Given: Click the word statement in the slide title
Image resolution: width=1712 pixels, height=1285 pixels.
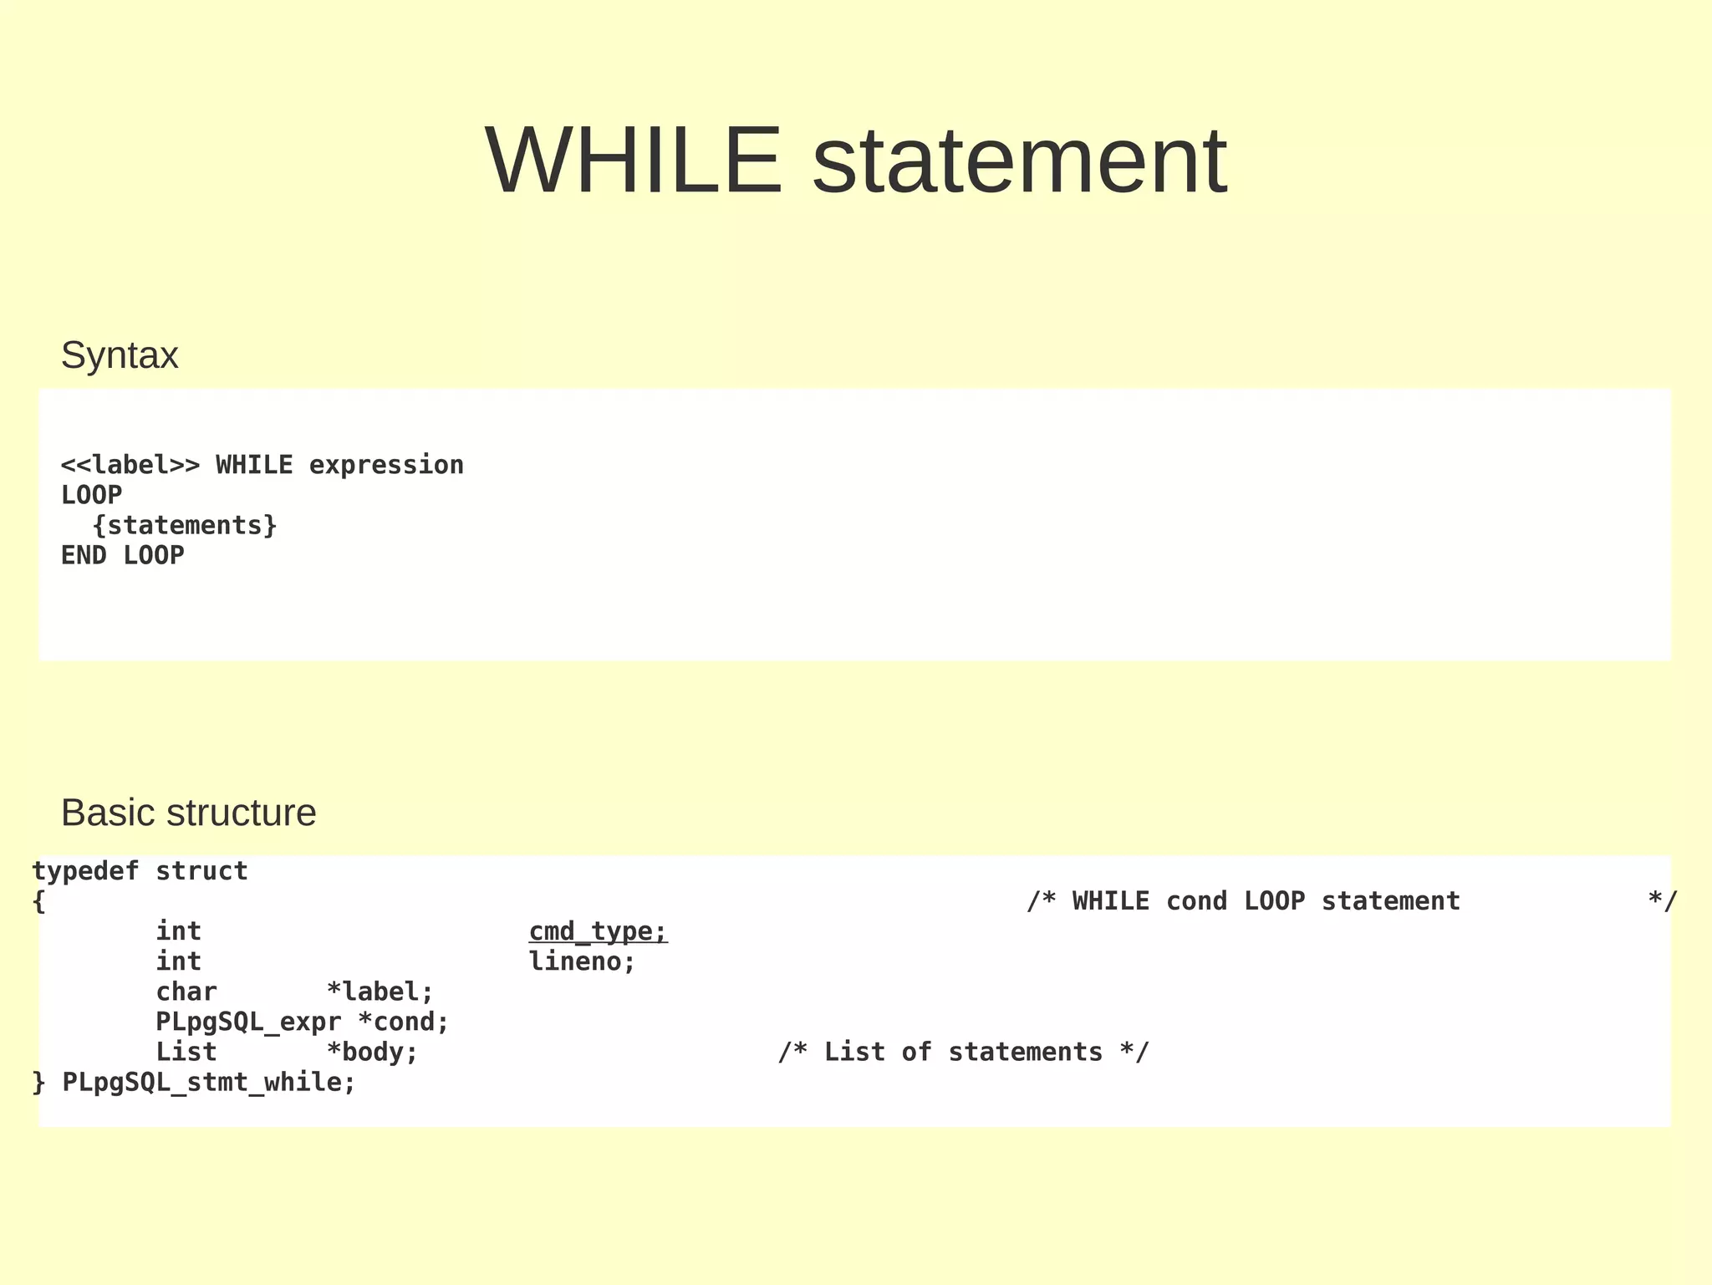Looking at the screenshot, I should click(1019, 161).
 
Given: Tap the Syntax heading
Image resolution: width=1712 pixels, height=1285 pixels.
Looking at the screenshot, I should click(120, 355).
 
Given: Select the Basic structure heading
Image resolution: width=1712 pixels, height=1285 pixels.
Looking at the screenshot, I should click(188, 813).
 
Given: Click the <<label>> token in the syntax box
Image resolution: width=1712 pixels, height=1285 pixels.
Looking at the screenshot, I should click(130, 465).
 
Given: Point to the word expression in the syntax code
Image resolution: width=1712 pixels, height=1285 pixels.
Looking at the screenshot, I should click(386, 465).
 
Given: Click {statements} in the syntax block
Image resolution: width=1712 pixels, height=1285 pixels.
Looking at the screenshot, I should click(185, 525).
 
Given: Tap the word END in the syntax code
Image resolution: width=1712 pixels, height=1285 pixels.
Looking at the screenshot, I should click(84, 555).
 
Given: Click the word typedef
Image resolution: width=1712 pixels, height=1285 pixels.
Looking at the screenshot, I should click(85, 871).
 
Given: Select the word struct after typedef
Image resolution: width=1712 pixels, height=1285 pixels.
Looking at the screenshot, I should click(201, 871).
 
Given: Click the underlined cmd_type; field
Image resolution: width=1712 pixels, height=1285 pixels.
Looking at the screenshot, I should click(598, 931).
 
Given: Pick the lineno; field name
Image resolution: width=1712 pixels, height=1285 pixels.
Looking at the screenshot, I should click(582, 961).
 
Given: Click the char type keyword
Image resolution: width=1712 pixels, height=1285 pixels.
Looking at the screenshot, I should click(186, 992).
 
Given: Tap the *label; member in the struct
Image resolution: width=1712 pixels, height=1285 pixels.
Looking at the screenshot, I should click(380, 992).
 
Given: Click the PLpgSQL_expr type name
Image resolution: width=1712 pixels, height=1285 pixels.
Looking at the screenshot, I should click(248, 1022).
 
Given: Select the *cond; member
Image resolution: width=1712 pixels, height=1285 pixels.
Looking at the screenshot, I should click(403, 1022).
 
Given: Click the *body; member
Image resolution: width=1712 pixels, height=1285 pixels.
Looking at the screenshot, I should click(372, 1052).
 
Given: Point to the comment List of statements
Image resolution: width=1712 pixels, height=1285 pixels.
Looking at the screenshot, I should click(963, 1052).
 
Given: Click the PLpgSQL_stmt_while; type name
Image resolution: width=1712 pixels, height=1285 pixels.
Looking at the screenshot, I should click(209, 1083).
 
